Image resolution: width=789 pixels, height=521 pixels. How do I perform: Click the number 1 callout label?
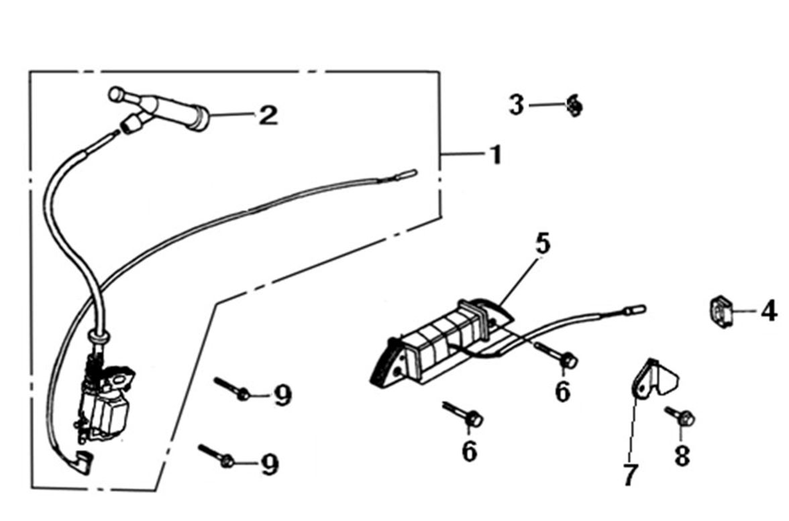[x=494, y=155]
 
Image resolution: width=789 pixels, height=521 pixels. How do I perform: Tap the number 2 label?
[x=267, y=115]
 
